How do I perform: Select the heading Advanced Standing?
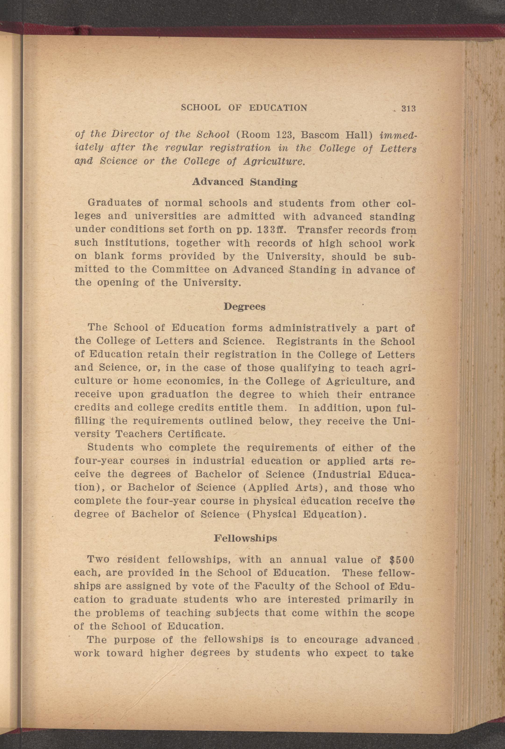click(245, 182)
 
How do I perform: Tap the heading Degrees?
click(245, 307)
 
